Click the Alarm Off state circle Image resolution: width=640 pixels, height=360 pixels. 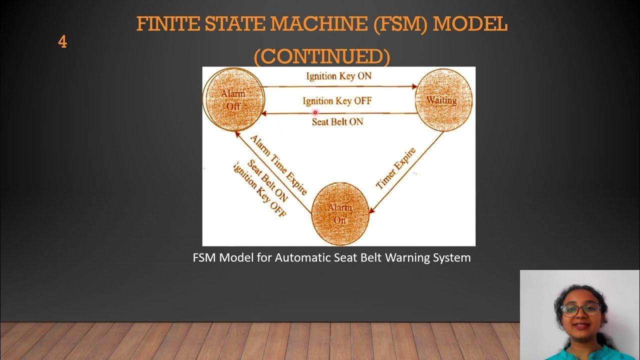click(x=233, y=99)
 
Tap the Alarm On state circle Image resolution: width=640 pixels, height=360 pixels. click(x=340, y=213)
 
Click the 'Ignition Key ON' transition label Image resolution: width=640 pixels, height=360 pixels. click(x=338, y=76)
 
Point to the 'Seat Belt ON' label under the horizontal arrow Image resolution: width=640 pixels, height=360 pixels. click(x=337, y=121)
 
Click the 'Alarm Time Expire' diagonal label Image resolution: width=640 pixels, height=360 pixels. click(x=278, y=164)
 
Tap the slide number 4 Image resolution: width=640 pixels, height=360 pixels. click(x=62, y=42)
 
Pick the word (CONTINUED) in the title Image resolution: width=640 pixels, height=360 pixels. click(x=321, y=56)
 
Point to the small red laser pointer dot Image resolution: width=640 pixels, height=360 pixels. click(x=315, y=112)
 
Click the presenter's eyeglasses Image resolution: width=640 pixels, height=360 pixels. click(x=580, y=309)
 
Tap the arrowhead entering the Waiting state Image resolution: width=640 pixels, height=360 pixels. click(x=414, y=86)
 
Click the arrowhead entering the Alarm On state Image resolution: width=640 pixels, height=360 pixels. click(x=370, y=211)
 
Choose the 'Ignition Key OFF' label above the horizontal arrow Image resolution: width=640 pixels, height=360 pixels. click(x=337, y=101)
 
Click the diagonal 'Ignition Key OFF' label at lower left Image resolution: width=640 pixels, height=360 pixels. click(x=259, y=190)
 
